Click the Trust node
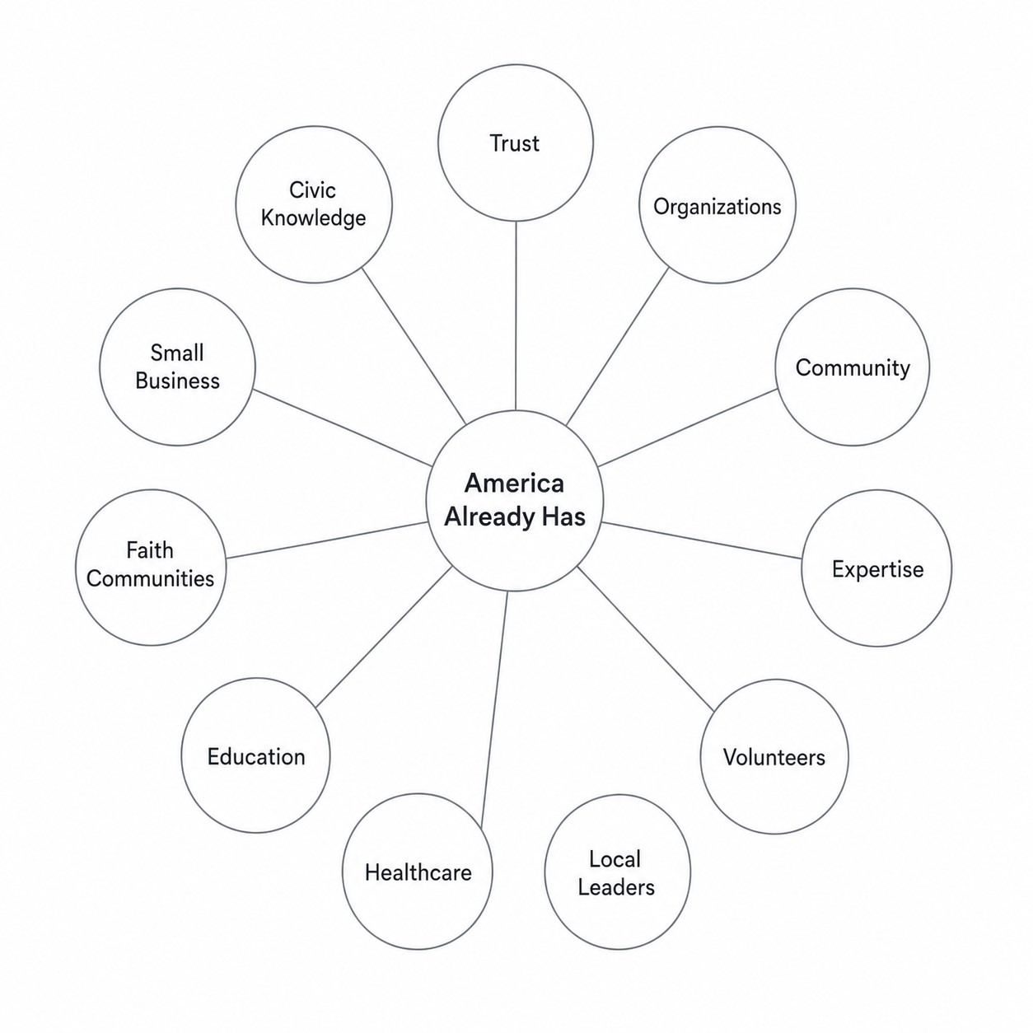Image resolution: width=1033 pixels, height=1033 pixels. click(515, 143)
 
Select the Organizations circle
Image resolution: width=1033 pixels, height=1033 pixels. click(717, 205)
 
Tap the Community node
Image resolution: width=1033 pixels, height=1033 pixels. click(853, 367)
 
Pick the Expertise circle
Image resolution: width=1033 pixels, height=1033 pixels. click(877, 568)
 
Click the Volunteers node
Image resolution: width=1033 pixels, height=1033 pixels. click(774, 756)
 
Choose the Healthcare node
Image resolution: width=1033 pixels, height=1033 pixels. click(418, 872)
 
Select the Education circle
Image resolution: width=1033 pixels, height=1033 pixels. click(255, 755)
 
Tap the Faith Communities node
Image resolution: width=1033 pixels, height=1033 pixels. click(151, 567)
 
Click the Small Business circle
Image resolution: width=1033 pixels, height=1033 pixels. click(177, 367)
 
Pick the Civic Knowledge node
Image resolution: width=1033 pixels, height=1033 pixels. click(314, 204)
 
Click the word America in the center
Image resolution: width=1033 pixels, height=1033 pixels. click(514, 483)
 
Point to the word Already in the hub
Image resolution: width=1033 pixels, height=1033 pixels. click(489, 517)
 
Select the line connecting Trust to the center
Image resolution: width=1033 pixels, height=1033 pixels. click(516, 316)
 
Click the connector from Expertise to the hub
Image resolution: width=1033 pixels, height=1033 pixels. click(701, 540)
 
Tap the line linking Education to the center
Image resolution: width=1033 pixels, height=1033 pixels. click(384, 637)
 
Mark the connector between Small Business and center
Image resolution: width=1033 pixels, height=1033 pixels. click(342, 428)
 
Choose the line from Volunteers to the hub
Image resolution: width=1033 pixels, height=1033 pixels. click(646, 639)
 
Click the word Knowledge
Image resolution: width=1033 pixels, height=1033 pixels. click(314, 219)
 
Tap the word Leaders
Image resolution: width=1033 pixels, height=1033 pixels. click(616, 887)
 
